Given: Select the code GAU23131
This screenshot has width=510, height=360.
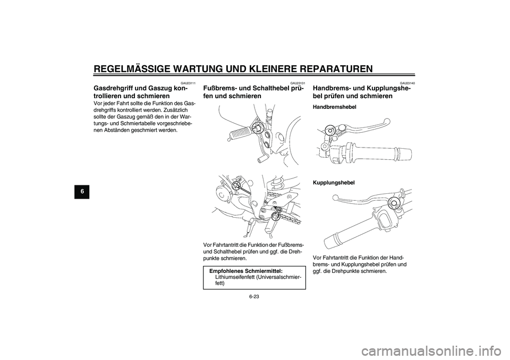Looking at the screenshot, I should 298,83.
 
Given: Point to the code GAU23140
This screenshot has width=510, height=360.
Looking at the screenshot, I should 407,83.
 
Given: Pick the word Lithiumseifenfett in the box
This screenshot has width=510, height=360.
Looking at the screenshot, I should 236,277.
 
